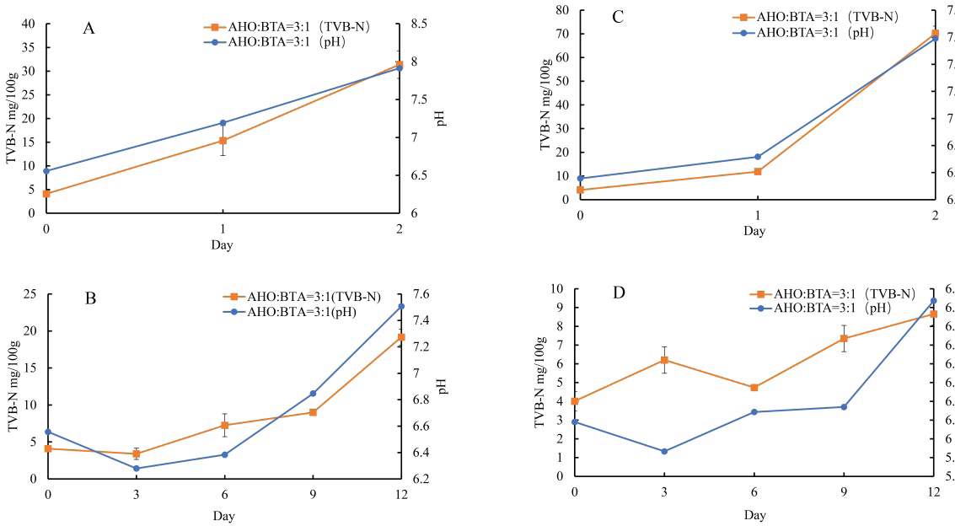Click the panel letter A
click(89, 29)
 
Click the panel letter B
click(91, 298)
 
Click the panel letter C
click(618, 17)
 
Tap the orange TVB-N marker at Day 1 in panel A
click(223, 141)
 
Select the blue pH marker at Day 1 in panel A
click(223, 123)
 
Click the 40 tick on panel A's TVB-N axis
click(29, 24)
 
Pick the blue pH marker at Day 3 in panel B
click(136, 468)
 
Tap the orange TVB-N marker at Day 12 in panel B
click(401, 337)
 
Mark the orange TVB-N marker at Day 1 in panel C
click(758, 172)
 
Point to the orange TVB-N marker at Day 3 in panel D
click(664, 360)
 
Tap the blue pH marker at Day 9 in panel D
click(844, 407)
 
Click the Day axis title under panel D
click(754, 514)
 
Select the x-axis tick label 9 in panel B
click(313, 494)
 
